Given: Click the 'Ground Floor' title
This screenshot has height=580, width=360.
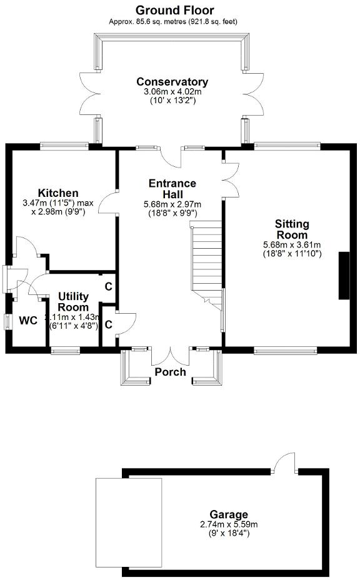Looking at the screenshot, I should click(174, 10).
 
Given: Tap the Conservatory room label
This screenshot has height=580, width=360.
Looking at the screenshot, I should click(172, 82).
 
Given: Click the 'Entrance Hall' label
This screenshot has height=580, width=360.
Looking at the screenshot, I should click(172, 189).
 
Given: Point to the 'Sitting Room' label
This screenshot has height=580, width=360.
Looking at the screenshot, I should click(292, 229).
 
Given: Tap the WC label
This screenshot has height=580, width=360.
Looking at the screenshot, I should click(28, 321).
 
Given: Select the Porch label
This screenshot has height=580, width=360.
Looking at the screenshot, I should click(171, 372).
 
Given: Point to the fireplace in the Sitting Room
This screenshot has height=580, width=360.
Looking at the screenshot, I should click(344, 276).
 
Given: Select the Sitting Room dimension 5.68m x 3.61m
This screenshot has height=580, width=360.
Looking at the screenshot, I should click(292, 245).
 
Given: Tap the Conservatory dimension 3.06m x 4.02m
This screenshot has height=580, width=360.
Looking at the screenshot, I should click(172, 92).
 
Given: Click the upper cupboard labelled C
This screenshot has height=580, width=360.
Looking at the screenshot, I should click(108, 287).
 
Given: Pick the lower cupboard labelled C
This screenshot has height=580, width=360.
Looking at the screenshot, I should click(108, 324).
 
